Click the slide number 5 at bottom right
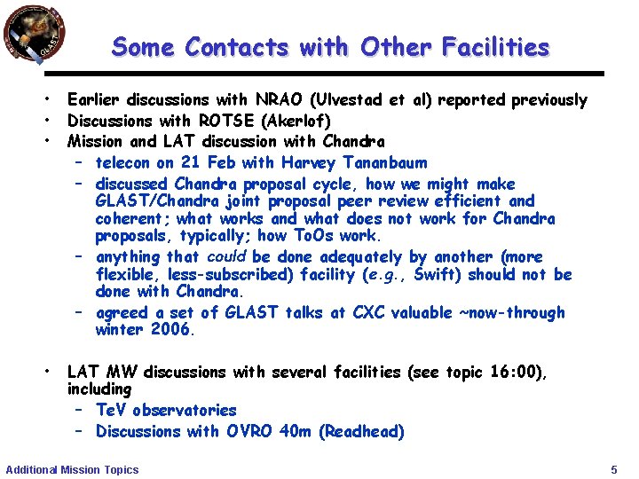click(x=614, y=468)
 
